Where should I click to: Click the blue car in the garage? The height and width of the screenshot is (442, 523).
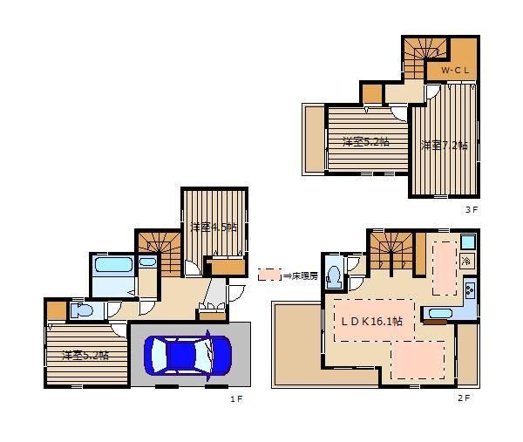tap(187, 356)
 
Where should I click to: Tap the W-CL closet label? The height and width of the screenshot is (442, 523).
tap(455, 70)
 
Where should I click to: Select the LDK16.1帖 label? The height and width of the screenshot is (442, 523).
tap(371, 321)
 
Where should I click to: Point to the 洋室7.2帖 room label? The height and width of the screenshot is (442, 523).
tap(444, 146)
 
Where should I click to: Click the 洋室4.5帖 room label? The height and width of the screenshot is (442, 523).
tap(214, 228)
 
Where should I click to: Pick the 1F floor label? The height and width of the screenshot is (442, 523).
tap(236, 399)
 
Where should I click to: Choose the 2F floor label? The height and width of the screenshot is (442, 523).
tap(464, 398)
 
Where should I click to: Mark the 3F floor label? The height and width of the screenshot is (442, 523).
tap(472, 210)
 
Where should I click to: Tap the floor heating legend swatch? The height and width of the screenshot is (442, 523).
tap(270, 275)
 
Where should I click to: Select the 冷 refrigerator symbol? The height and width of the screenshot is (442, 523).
tap(467, 261)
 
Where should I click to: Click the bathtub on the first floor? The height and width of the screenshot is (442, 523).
tap(113, 265)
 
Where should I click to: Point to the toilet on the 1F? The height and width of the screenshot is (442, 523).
tap(82, 311)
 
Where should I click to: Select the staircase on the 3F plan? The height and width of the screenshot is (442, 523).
tap(425, 58)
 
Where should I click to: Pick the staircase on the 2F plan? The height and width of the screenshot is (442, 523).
tap(391, 250)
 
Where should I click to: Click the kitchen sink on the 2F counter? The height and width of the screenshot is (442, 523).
tap(440, 314)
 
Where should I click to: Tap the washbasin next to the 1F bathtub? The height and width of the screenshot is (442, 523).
tap(147, 262)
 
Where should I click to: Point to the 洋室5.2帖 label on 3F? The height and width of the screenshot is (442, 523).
tap(366, 142)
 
